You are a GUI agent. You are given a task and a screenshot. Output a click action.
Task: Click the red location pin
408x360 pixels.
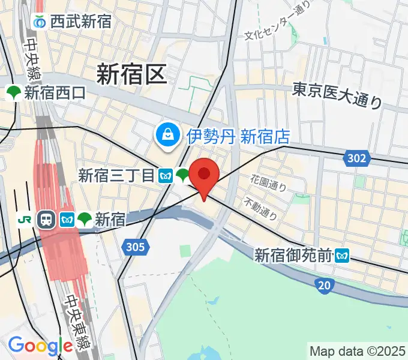pos(204,176)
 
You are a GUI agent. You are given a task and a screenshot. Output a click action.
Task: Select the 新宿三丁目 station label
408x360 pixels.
pos(117,175)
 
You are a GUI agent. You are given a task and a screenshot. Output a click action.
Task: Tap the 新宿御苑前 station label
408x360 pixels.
pos(293,256)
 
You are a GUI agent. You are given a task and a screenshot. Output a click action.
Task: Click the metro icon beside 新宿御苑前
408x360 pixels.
pos(343,256)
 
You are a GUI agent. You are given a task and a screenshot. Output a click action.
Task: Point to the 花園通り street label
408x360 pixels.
pos(268,183)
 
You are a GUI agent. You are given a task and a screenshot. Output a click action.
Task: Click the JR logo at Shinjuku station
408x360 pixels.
pos(25,220)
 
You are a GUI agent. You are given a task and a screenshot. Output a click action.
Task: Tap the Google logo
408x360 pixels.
pos(40,346)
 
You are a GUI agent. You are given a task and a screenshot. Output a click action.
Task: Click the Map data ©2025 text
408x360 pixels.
pos(358,350)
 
